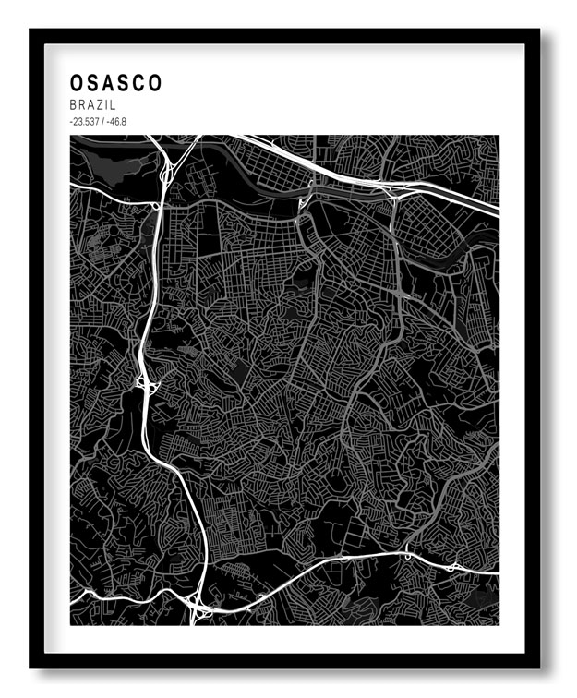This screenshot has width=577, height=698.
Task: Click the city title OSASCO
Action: [115, 83]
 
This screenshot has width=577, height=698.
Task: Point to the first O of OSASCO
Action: [76, 83]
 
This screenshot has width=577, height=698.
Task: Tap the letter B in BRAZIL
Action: [72, 106]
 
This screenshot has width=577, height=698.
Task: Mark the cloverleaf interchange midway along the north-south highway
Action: [144, 381]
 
